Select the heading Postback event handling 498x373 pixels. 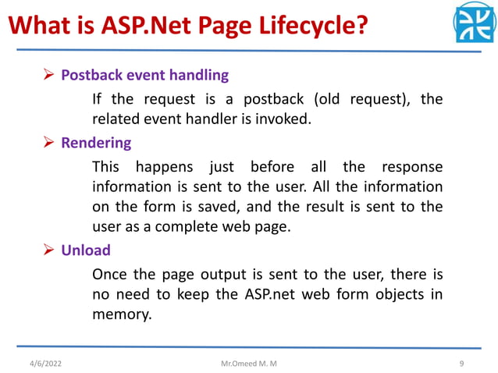coord(144,76)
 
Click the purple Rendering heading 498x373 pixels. coord(96,144)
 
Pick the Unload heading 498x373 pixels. coord(86,250)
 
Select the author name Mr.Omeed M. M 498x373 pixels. coord(249,362)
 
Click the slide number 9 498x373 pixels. coord(462,362)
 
